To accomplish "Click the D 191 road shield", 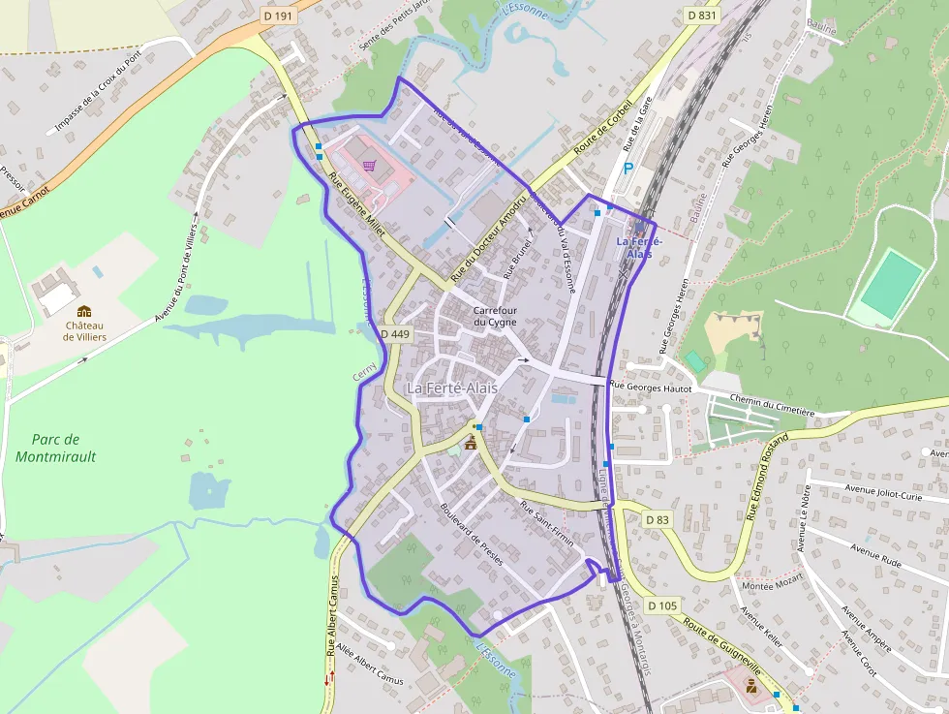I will (277, 16).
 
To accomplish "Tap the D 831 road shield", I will (701, 16).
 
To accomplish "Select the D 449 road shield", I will (396, 334).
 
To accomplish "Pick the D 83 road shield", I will (657, 520).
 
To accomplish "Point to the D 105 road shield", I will (662, 605).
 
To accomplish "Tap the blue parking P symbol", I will (628, 169).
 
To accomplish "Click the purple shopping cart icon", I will (369, 166).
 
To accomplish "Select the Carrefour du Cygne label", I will (495, 316).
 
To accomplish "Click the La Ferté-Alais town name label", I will (452, 388).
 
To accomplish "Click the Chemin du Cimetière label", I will (773, 405).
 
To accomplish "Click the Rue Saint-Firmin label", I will (547, 525).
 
